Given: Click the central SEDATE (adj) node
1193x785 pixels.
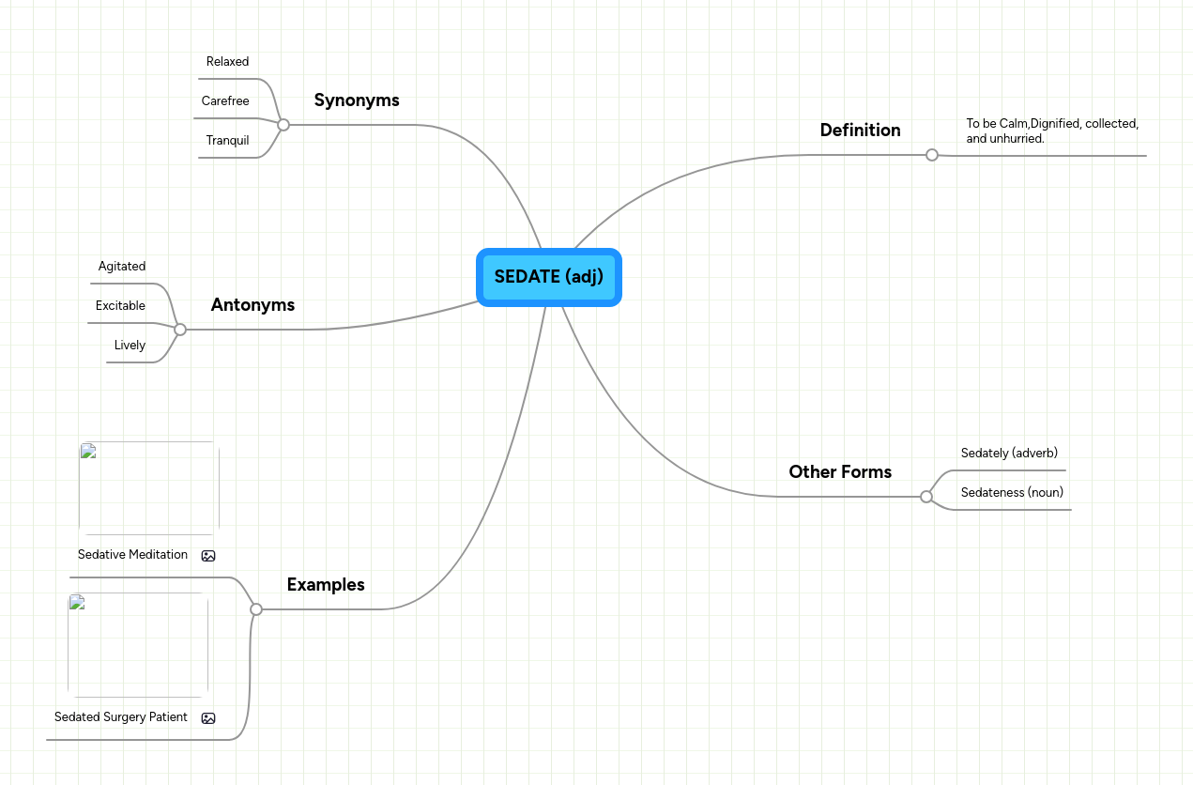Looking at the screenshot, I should point(548,277).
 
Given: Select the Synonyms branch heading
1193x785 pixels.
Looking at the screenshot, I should point(357,100).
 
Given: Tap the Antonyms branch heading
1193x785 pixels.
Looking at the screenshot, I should point(252,305).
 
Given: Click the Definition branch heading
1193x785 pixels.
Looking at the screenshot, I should point(860,131).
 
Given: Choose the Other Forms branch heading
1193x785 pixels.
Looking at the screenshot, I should point(840,472).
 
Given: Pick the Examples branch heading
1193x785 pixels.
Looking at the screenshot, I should point(326,585).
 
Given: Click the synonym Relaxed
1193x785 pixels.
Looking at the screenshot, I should point(227,62).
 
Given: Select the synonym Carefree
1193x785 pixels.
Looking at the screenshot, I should point(225,101).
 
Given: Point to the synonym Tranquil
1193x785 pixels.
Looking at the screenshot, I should point(227,141).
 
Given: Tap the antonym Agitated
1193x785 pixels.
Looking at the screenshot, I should point(122,267).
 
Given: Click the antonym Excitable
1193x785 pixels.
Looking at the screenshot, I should point(120,306).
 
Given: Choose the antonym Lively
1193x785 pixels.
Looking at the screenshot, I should point(130,346).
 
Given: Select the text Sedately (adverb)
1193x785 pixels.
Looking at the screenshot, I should point(1009,454).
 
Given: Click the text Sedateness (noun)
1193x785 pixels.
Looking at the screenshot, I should point(1012,493).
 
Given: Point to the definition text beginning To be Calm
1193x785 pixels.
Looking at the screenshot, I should point(1051,131).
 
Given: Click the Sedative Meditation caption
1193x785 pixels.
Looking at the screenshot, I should point(132,555).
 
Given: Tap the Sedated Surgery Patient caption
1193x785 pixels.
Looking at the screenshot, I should point(121,717).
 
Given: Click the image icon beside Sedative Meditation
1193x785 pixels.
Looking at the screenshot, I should point(208,556).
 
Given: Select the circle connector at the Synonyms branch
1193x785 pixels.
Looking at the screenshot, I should point(283,125).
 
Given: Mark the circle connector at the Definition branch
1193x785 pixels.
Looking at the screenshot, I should point(931,155).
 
